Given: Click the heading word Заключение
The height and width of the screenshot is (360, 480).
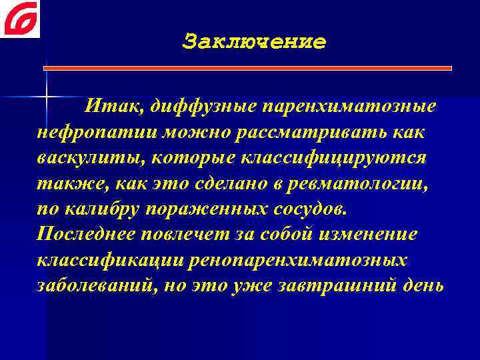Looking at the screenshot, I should (x=254, y=42).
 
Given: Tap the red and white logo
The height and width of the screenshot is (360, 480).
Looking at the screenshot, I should (x=20, y=19).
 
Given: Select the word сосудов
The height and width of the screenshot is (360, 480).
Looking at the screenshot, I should (x=311, y=207).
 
